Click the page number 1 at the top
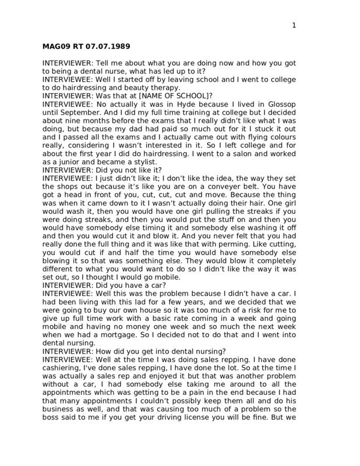[x=294, y=24]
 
